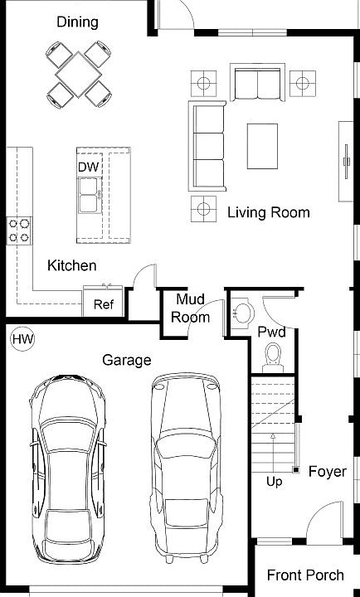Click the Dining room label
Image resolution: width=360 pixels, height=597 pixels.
pos(77,22)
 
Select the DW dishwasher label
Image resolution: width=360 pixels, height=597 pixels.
pos(88,167)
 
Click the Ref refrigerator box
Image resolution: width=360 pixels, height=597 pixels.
pos(103,303)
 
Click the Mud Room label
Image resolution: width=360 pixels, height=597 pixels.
pos(191,308)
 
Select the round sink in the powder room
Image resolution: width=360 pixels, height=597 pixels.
pos(241,313)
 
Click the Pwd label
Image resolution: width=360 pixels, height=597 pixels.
pos(271,332)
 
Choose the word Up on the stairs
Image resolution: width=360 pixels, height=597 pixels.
pos(274,480)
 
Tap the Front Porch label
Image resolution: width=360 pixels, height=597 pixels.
pos(305,575)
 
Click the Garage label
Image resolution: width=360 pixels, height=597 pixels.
pos(126,360)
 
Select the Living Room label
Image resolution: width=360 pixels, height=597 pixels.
pos(268,212)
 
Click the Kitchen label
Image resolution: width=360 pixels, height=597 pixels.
pos(71,265)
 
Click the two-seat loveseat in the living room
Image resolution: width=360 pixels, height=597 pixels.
pos(256,85)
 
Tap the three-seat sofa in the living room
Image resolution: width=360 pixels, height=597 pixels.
pos(208,144)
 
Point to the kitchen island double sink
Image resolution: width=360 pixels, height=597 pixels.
pos(89,200)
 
